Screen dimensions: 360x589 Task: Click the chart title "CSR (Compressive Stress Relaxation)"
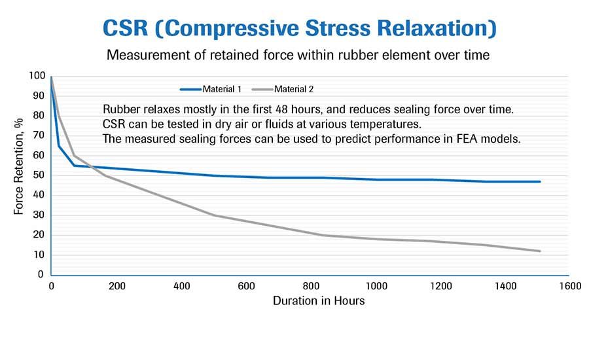click(298, 29)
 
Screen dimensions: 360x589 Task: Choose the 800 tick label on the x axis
click(310, 286)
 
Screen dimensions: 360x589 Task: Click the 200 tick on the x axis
click(116, 286)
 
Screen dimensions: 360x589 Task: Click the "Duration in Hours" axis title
click(310, 301)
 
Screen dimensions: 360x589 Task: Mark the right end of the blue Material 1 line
click(540, 181)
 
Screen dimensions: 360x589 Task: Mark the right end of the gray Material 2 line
click(540, 251)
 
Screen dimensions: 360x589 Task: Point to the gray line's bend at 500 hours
click(213, 215)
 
